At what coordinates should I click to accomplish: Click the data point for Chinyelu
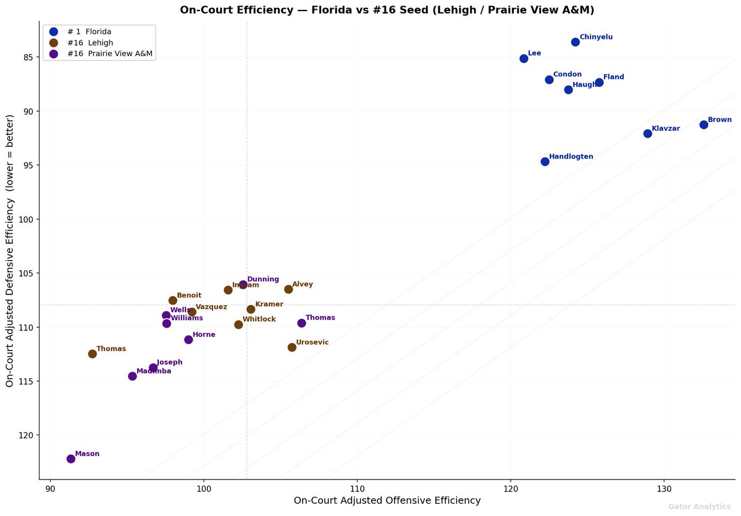pyautogui.click(x=575, y=42)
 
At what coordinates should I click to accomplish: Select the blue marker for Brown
pyautogui.click(x=703, y=125)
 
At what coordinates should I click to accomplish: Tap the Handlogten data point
pyautogui.click(x=545, y=162)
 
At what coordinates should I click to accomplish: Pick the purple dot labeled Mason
pyautogui.click(x=71, y=459)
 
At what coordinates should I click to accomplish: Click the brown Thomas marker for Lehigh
pyautogui.click(x=93, y=354)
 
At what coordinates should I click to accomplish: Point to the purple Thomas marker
pyautogui.click(x=301, y=323)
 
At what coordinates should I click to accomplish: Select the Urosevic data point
pyautogui.click(x=292, y=347)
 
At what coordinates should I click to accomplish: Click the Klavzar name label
pyautogui.click(x=666, y=128)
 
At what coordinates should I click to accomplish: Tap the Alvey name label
pyautogui.click(x=303, y=285)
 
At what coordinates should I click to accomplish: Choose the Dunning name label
pyautogui.click(x=263, y=280)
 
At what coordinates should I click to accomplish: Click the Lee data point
pyautogui.click(x=524, y=59)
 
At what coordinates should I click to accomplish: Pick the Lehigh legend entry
pyautogui.click(x=93, y=43)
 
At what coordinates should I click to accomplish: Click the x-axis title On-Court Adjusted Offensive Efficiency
pyautogui.click(x=387, y=501)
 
